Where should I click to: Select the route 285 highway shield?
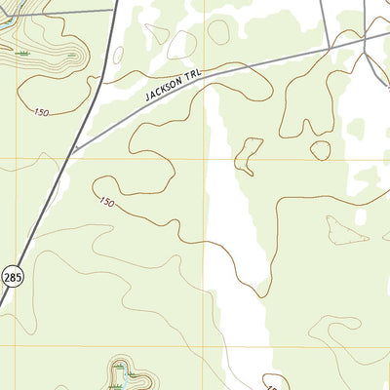(x=11, y=278)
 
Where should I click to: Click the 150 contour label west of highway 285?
(x=40, y=113)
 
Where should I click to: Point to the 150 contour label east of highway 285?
(x=105, y=202)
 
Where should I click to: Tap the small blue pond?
(x=121, y=384)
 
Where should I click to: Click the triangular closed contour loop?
(x=345, y=230)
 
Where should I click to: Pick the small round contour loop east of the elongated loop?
(x=320, y=150)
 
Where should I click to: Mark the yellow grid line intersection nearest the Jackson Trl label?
(x=205, y=158)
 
